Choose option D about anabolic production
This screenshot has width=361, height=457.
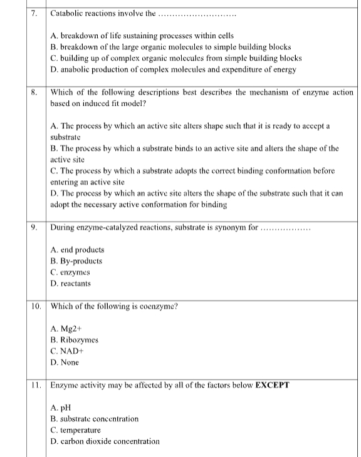click(173, 69)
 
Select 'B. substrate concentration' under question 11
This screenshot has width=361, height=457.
click(94, 419)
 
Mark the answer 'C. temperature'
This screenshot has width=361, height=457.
click(75, 430)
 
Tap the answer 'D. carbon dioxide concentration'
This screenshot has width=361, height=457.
click(105, 441)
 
